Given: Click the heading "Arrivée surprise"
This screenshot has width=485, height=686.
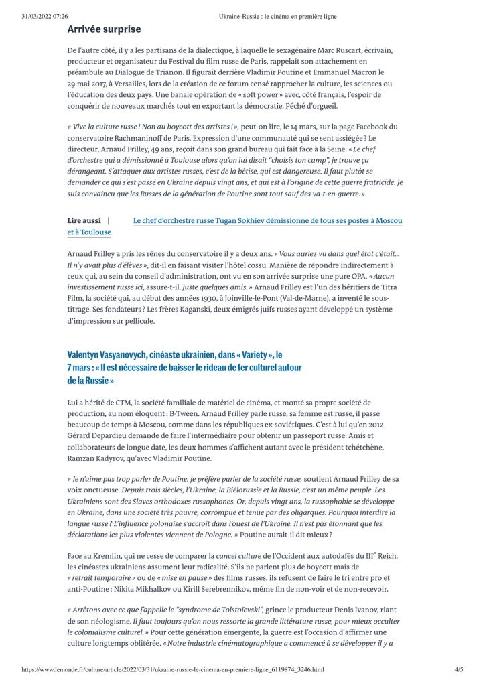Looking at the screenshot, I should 104,29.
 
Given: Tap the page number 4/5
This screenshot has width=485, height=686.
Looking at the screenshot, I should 459,669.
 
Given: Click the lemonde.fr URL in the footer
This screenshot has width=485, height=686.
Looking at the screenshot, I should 173,669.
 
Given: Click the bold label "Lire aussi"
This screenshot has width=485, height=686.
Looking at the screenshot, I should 84,220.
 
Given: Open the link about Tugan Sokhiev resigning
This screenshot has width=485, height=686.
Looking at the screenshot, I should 268,220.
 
